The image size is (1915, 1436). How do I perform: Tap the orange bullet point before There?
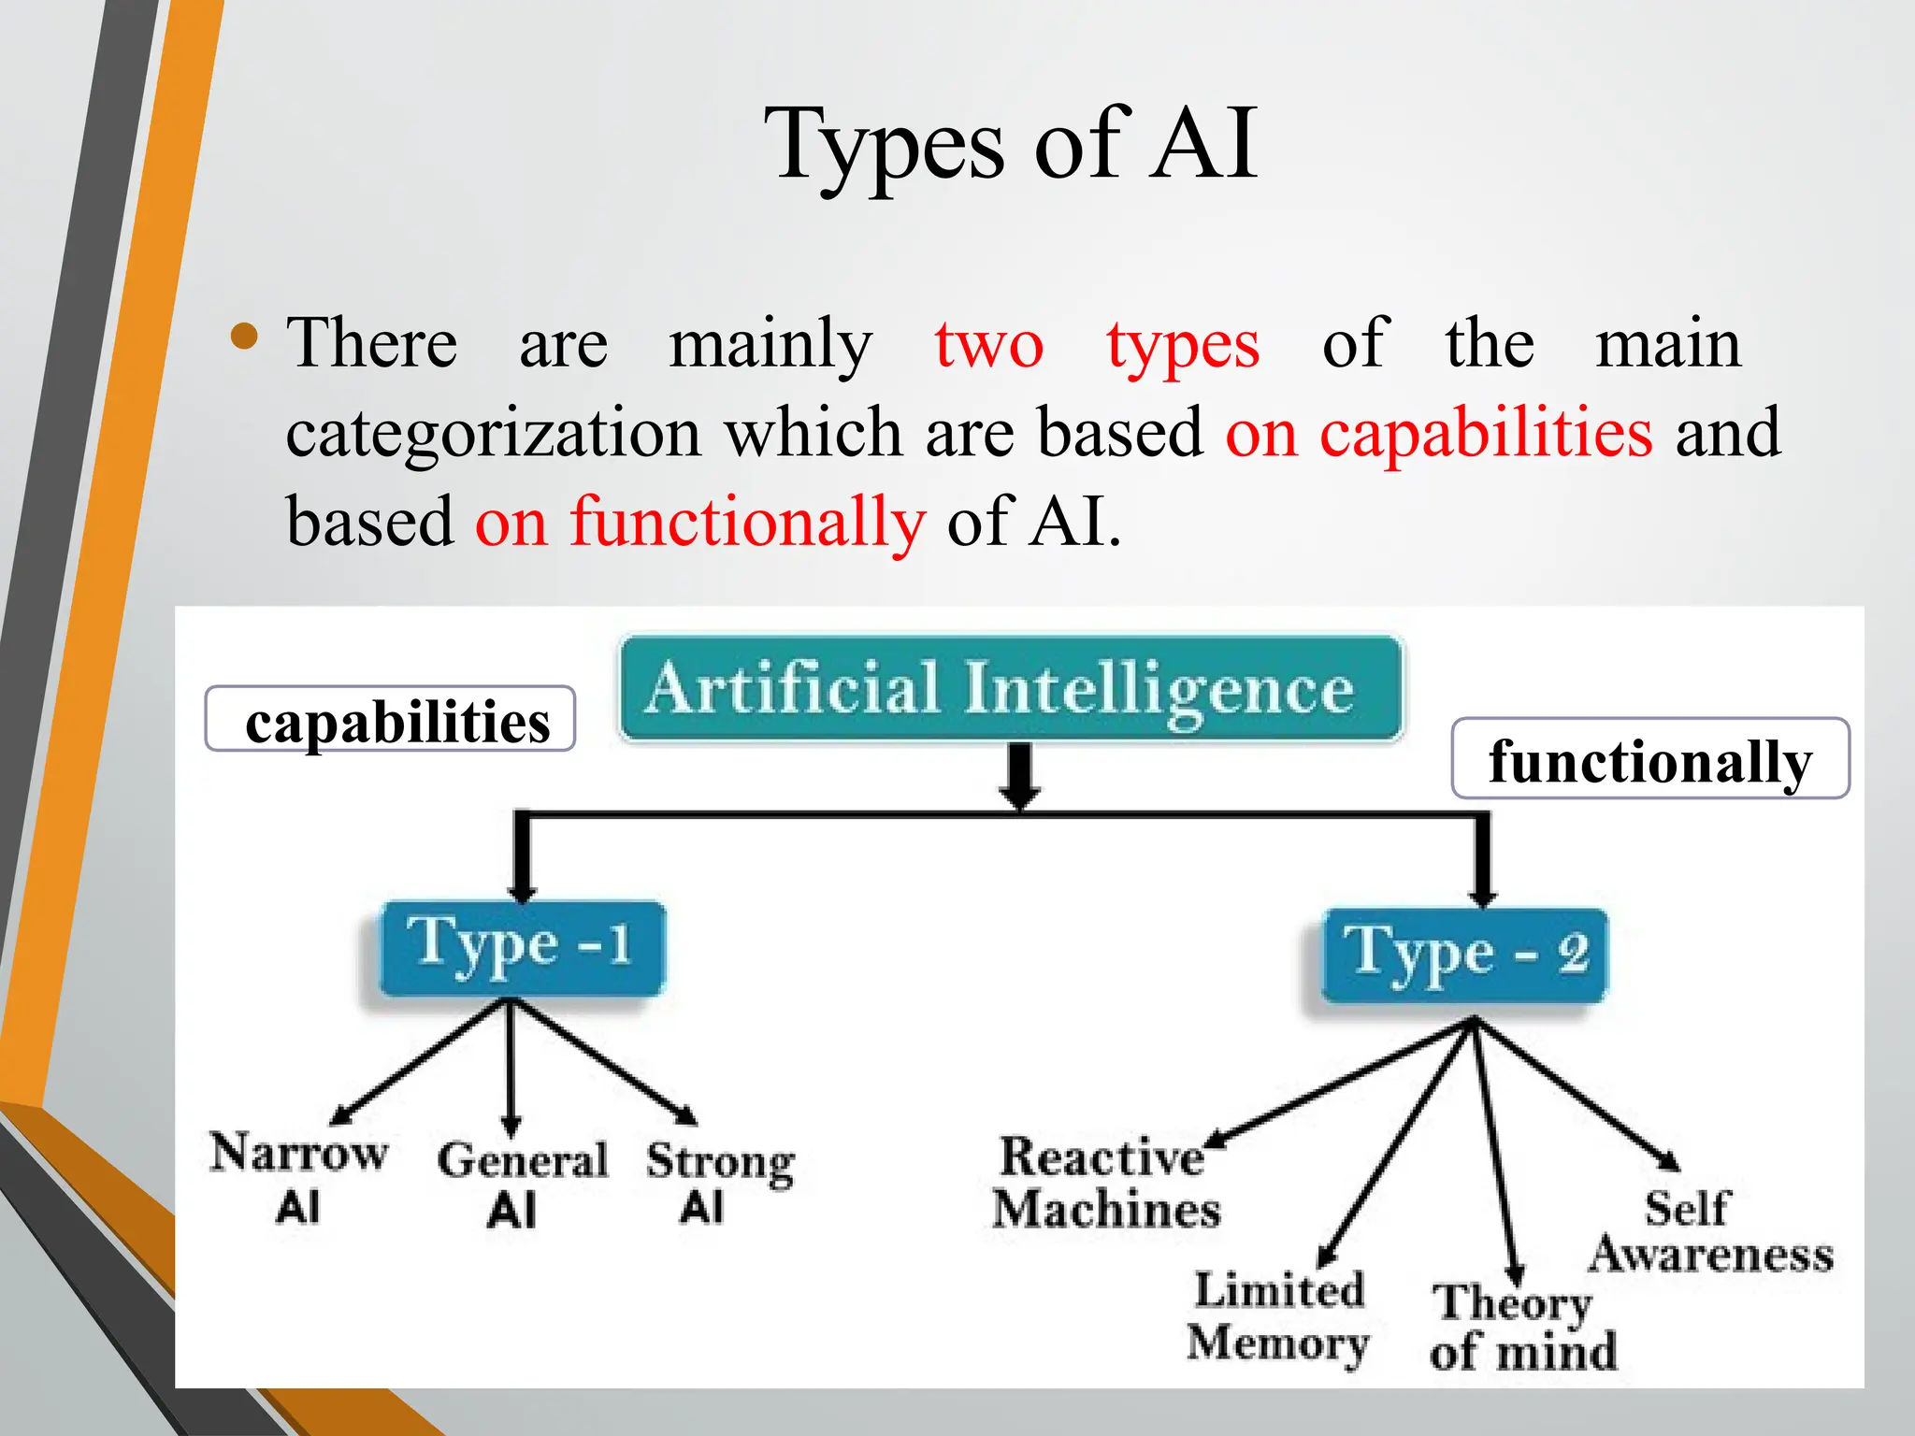pyautogui.click(x=244, y=337)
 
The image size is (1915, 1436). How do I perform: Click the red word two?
pyautogui.click(x=988, y=344)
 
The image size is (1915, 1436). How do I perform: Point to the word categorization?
pyautogui.click(x=493, y=434)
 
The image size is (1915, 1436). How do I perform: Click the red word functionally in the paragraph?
pyautogui.click(x=748, y=522)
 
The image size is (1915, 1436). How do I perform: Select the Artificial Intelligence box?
pyautogui.click(x=1010, y=689)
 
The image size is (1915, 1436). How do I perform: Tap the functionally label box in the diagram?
pyautogui.click(x=1649, y=759)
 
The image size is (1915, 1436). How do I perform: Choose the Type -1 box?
pyautogui.click(x=522, y=947)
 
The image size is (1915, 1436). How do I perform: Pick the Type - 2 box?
pyautogui.click(x=1464, y=955)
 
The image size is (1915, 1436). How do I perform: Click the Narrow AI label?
pyautogui.click(x=297, y=1176)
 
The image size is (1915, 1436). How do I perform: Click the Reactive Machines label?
pyautogui.click(x=1105, y=1182)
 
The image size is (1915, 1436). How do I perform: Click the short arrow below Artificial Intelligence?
pyautogui.click(x=1020, y=775)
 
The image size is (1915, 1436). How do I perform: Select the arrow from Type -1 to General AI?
pyautogui.click(x=511, y=1066)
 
